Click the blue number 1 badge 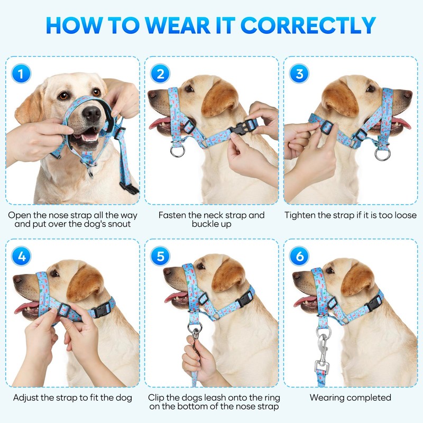tap(21, 73)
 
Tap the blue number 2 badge tap(160, 73)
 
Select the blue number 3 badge tap(299, 73)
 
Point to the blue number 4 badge tap(21, 256)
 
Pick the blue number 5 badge tap(160, 256)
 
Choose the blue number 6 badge tap(299, 256)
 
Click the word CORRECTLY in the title tap(308, 25)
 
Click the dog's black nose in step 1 tap(91, 113)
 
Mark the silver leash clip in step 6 tap(323, 351)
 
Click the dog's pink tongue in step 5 tap(176, 297)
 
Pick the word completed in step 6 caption tap(368, 398)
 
